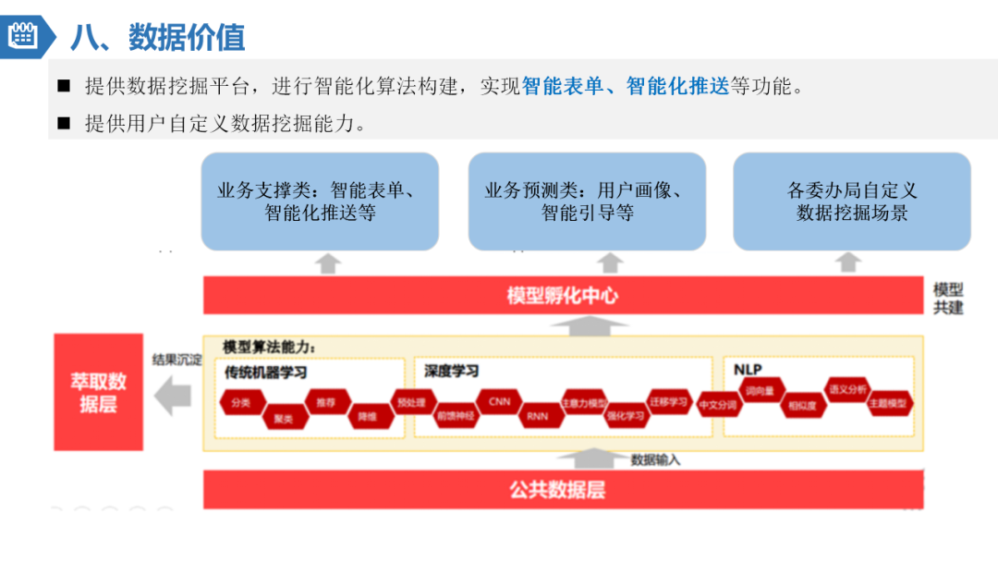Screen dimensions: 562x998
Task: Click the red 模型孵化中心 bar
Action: point(563,296)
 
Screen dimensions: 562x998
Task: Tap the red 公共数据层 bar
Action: point(563,489)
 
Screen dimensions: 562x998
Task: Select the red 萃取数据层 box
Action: point(98,392)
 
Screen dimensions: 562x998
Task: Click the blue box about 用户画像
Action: point(587,202)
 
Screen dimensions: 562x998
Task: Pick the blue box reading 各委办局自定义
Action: point(852,202)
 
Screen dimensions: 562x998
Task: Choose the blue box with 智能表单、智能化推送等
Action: point(320,202)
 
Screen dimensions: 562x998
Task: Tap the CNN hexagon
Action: point(499,402)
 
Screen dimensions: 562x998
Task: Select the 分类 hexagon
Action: point(241,403)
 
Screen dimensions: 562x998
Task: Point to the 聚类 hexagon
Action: point(283,418)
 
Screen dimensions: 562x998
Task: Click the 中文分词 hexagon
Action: point(718,405)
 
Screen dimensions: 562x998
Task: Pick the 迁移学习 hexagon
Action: point(669,402)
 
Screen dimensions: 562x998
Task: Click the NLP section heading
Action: point(748,370)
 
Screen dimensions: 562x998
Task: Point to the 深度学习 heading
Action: point(452,371)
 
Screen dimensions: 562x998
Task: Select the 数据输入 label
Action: point(655,459)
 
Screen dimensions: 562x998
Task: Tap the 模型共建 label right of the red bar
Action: point(948,298)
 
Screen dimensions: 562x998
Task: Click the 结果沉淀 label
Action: point(176,360)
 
